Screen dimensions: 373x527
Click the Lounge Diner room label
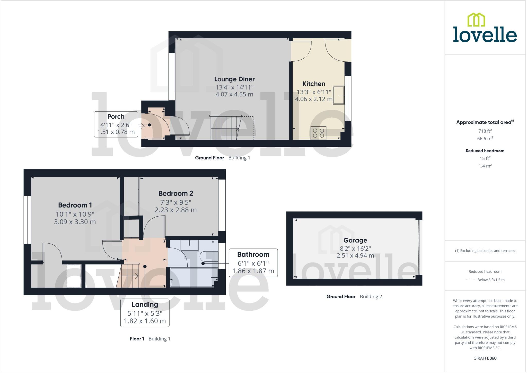[234, 79]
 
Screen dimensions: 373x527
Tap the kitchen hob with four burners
[318, 133]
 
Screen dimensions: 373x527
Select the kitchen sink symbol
[338, 95]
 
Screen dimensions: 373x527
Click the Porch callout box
[116, 124]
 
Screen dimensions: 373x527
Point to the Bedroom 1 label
[75, 205]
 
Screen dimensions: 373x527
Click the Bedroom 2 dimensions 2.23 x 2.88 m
[175, 210]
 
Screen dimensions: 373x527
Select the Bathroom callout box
[253, 263]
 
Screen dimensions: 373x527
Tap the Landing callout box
[145, 313]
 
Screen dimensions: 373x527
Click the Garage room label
[355, 240]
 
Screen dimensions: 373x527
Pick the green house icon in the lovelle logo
[476, 20]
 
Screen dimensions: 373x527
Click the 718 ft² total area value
[485, 131]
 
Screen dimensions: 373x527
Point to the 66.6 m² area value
[485, 139]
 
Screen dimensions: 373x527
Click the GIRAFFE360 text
[485, 358]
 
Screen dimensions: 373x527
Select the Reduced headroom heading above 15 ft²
[485, 151]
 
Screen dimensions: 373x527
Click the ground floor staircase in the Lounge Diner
[225, 128]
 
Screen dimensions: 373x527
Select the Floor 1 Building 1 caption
[150, 339]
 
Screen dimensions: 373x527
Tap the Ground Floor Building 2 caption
[354, 296]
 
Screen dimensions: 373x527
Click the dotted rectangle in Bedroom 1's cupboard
[74, 276]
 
